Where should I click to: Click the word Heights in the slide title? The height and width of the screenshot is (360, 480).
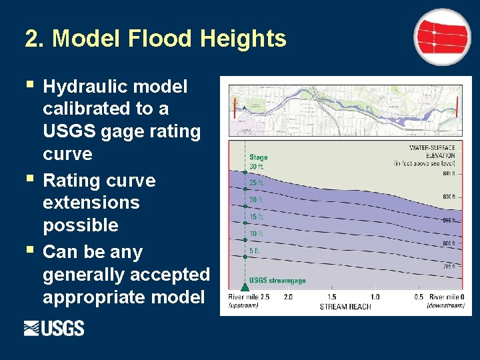241,39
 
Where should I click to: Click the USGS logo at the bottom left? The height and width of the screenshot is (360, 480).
54,328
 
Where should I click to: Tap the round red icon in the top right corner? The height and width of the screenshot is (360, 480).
442,37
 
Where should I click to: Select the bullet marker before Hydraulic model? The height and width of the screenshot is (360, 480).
28,84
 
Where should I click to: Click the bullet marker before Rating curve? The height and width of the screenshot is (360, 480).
28,179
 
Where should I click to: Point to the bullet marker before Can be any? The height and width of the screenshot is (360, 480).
28,250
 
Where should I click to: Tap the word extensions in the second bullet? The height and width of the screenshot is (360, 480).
91,203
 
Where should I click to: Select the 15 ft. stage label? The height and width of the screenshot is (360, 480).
257,217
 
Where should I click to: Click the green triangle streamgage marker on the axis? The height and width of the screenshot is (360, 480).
245,287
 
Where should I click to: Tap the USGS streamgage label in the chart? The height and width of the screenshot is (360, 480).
277,281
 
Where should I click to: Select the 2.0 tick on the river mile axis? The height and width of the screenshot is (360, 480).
288,297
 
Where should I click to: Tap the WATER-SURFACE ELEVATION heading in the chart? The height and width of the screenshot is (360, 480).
432,151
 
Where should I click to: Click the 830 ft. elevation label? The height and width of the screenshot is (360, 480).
449,197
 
